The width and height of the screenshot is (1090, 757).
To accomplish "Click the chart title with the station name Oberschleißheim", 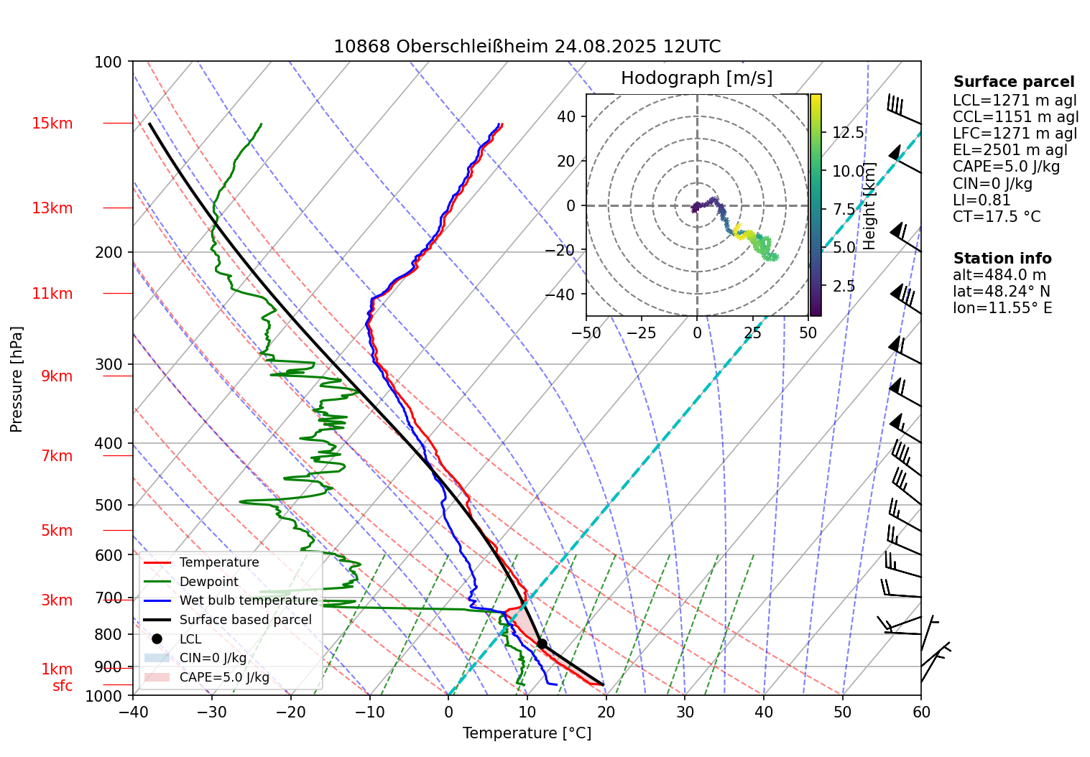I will [x=527, y=47].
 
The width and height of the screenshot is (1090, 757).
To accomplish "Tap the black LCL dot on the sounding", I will [x=542, y=644].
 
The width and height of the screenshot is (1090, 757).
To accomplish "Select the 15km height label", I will [x=52, y=124].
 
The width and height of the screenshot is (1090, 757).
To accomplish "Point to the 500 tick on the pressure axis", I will [x=108, y=505].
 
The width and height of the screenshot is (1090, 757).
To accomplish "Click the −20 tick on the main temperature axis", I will [x=291, y=712].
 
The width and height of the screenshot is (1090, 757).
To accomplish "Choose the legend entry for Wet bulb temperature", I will [x=248, y=600].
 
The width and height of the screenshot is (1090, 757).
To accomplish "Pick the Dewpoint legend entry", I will [x=208, y=582].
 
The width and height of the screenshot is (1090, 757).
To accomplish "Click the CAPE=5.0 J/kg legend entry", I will [x=223, y=677].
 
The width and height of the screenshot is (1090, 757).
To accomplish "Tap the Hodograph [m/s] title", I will [x=696, y=78].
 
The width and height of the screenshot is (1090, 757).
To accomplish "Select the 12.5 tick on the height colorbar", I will [x=848, y=133].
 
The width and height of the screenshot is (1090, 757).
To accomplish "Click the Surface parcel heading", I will [x=1013, y=82].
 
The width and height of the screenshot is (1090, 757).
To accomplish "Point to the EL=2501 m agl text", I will [x=1010, y=150].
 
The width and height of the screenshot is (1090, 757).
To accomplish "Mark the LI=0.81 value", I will [x=982, y=200].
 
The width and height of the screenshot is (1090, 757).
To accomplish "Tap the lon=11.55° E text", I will [x=1002, y=308].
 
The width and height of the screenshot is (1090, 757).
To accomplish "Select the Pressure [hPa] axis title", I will [x=17, y=379].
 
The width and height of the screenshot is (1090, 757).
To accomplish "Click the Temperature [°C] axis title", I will [x=527, y=733].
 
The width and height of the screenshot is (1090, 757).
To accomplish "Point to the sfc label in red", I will [x=63, y=686].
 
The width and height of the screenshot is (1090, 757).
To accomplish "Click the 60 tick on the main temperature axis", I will [x=920, y=712].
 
